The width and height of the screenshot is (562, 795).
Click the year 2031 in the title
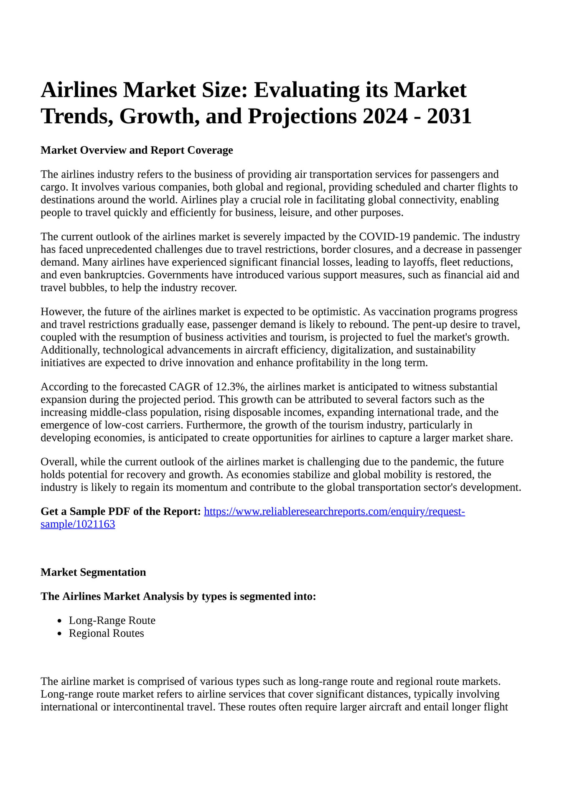click(x=449, y=116)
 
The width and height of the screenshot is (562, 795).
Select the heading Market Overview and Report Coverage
click(x=137, y=150)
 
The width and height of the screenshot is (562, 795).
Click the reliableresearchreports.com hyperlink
click(x=334, y=512)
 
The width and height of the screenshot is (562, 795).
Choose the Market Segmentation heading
click(x=93, y=572)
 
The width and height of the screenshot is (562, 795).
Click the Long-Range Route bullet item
click(x=112, y=621)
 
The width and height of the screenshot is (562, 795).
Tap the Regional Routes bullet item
click(x=107, y=634)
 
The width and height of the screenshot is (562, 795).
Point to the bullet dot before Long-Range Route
click(x=60, y=621)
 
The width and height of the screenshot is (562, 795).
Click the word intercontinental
click(x=145, y=707)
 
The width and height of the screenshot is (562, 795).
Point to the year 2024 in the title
click(x=385, y=116)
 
